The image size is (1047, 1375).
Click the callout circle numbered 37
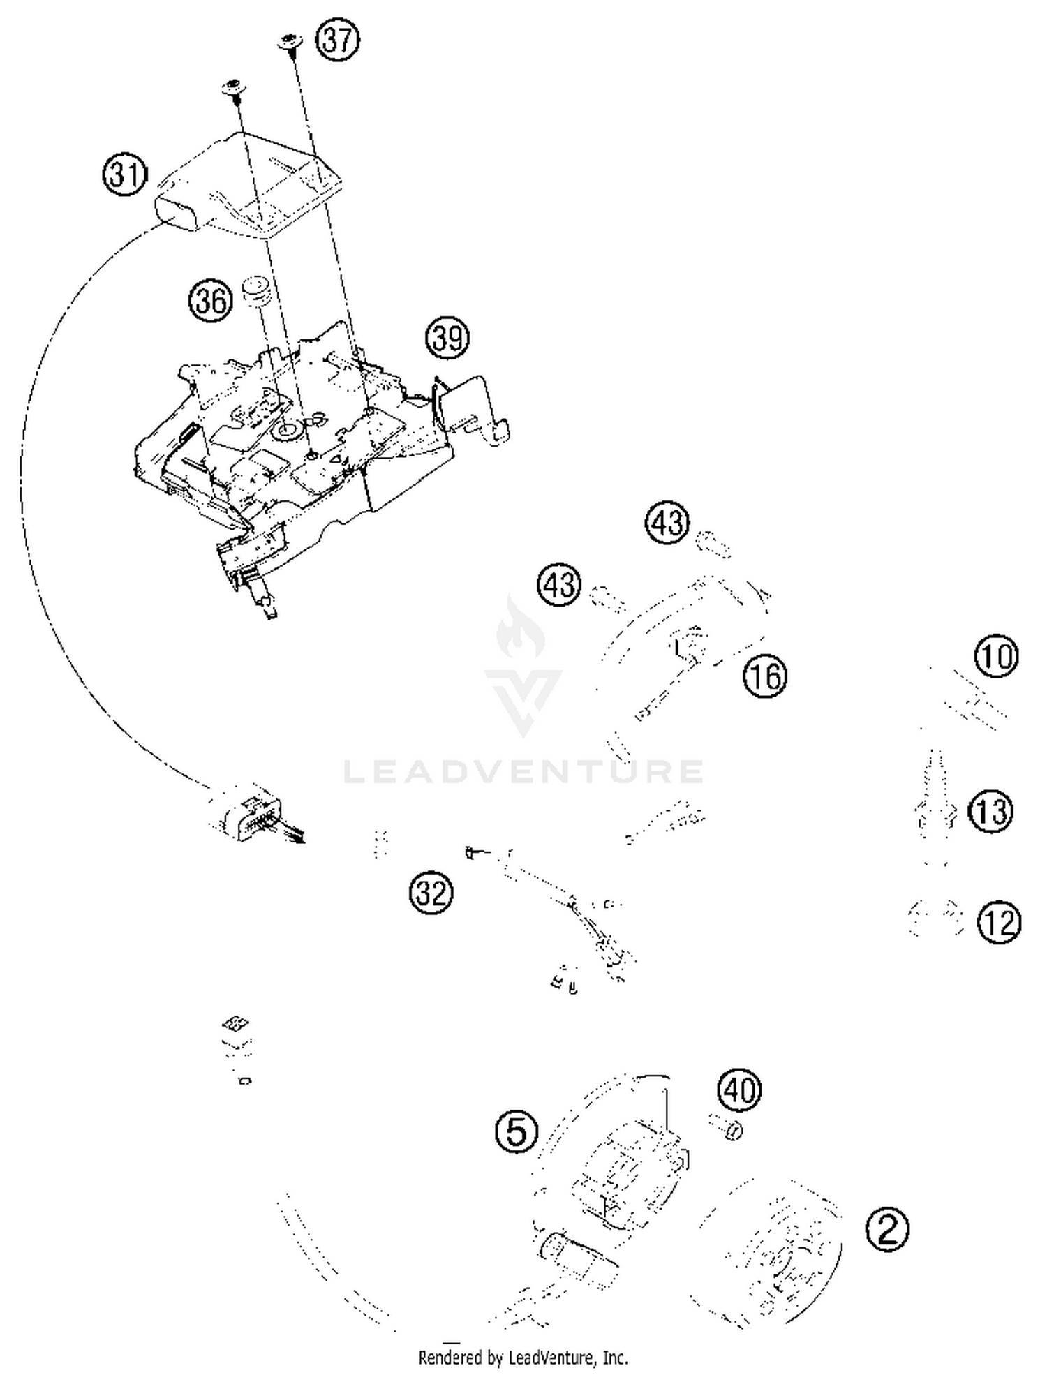(338, 40)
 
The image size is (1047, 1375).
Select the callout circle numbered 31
(126, 174)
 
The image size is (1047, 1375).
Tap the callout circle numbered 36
(211, 301)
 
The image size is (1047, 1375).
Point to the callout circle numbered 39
(447, 338)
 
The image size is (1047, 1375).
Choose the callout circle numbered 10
(996, 656)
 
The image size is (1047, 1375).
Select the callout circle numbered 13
(990, 812)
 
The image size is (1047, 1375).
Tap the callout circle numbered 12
(999, 923)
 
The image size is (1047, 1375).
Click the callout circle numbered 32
(431, 892)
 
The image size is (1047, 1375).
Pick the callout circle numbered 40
(739, 1090)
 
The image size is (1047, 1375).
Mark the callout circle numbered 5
(517, 1131)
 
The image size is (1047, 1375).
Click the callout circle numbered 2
(887, 1229)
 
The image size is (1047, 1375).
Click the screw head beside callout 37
(290, 42)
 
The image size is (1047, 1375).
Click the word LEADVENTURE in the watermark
(523, 772)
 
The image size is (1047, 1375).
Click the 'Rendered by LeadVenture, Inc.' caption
(523, 1358)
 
